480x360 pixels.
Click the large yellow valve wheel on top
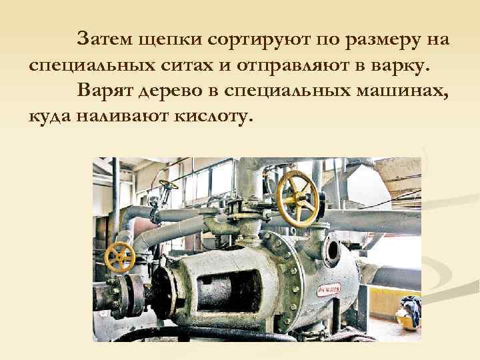[297, 198]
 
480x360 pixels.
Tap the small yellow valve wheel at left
[121, 257]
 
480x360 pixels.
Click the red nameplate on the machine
[328, 290]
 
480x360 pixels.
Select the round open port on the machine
[331, 251]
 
